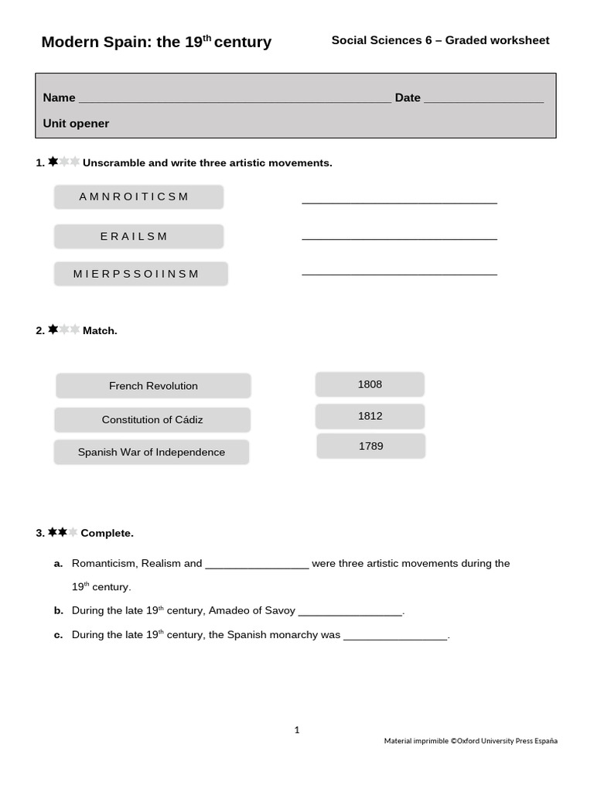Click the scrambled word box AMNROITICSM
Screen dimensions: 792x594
[138, 196]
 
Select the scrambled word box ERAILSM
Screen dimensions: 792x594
[138, 237]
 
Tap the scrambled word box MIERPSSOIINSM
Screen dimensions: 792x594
[141, 274]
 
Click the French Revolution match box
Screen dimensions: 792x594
[153, 386]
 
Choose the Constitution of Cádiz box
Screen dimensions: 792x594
[152, 420]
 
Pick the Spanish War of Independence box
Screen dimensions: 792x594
[152, 452]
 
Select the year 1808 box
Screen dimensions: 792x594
[370, 384]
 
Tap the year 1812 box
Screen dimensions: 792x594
[370, 416]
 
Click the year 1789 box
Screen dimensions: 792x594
[370, 446]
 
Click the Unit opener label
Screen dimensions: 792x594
[76, 124]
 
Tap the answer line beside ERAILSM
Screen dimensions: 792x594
[399, 237]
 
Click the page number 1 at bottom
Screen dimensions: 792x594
[297, 729]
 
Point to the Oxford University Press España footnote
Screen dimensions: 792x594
[470, 741]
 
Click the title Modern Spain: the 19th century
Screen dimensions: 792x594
[156, 42]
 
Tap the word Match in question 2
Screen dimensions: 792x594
[100, 331]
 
